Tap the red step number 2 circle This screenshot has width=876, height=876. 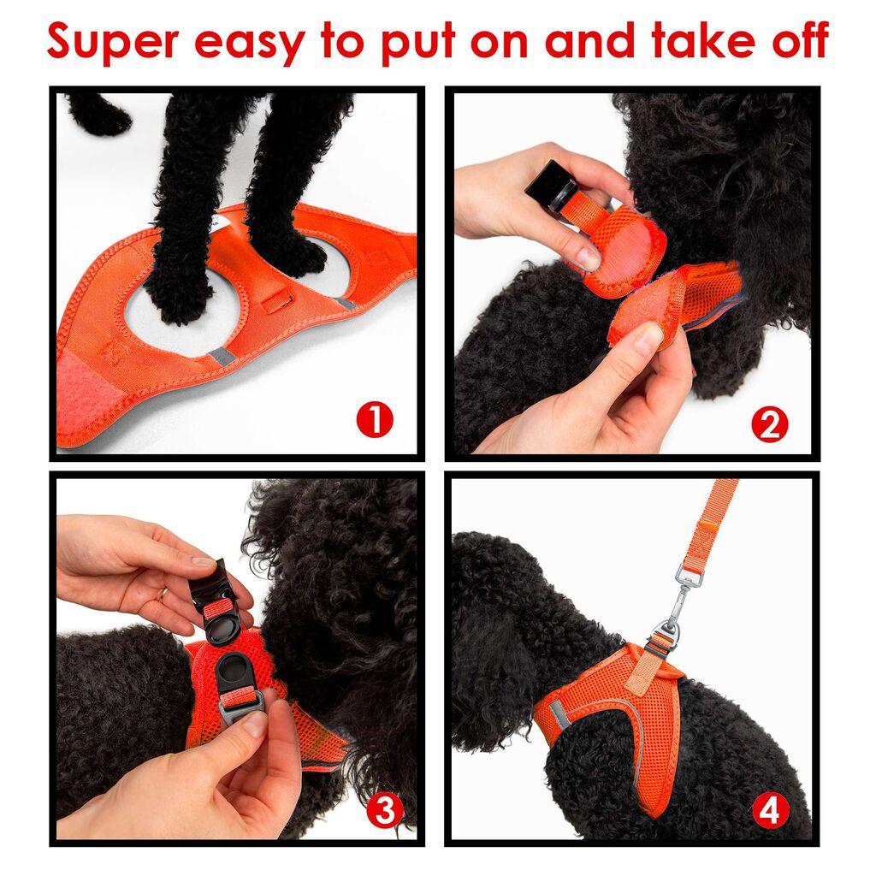(769, 425)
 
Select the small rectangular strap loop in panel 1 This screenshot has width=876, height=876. (275, 302)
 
